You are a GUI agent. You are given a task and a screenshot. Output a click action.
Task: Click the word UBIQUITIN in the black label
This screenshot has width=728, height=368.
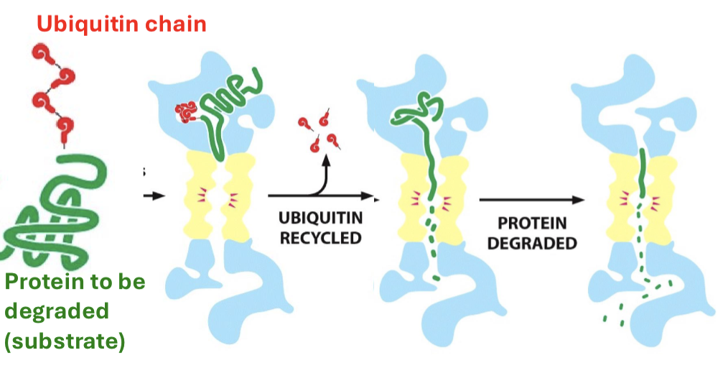(321, 217)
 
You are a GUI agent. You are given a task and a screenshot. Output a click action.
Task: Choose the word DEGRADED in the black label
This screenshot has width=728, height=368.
(531, 243)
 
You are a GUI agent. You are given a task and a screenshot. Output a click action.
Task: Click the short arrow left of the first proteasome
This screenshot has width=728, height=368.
(154, 195)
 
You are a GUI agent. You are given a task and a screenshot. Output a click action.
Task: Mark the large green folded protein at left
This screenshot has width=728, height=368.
(54, 208)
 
